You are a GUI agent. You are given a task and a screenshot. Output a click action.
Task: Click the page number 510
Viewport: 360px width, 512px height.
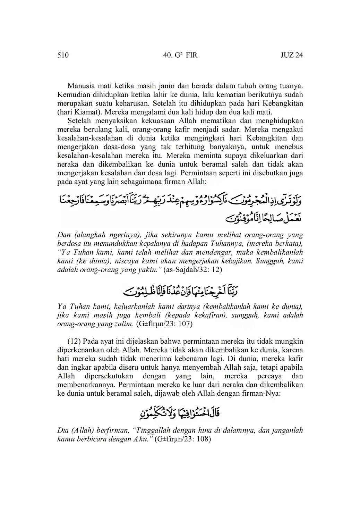pyautogui.click(x=63, y=55)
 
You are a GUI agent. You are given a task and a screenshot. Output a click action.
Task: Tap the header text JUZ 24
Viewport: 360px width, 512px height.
pyautogui.click(x=291, y=55)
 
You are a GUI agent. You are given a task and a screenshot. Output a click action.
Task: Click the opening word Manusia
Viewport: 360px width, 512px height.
pyautogui.click(x=81, y=85)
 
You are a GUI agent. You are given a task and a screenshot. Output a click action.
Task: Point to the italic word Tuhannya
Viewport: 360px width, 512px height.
pyautogui.click(x=217, y=244)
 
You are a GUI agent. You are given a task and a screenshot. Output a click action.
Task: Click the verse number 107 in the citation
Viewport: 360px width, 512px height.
pyautogui.click(x=186, y=324)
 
